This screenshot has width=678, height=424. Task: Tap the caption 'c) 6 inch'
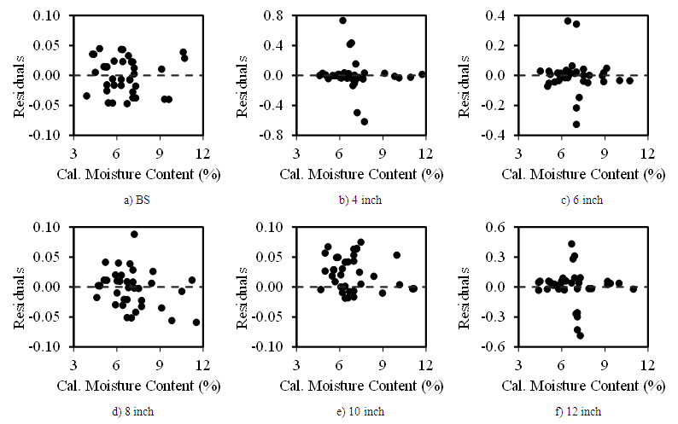[x=582, y=200]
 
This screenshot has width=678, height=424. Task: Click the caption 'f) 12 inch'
[x=582, y=412]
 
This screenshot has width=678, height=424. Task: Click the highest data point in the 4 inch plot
[x=342, y=20]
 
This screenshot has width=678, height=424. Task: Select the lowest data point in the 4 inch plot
[x=365, y=121]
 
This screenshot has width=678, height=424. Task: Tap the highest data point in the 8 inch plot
[x=134, y=234]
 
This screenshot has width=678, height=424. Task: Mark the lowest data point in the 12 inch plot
[x=580, y=335]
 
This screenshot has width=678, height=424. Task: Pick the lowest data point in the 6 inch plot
[x=576, y=124]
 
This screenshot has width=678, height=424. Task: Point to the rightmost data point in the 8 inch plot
[x=196, y=322]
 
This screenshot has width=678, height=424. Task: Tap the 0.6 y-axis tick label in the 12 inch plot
[x=501, y=227]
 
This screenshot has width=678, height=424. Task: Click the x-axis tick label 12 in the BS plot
[x=202, y=153]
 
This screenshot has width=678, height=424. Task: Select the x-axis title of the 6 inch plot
[x=582, y=173]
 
